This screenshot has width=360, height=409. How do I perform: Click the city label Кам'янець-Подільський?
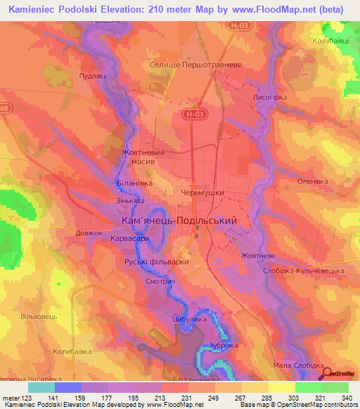coord(178,221)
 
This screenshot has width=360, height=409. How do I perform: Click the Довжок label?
coord(89,233)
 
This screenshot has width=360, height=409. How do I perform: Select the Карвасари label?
coord(129,239)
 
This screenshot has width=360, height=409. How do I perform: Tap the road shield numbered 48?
coord(6,109)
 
